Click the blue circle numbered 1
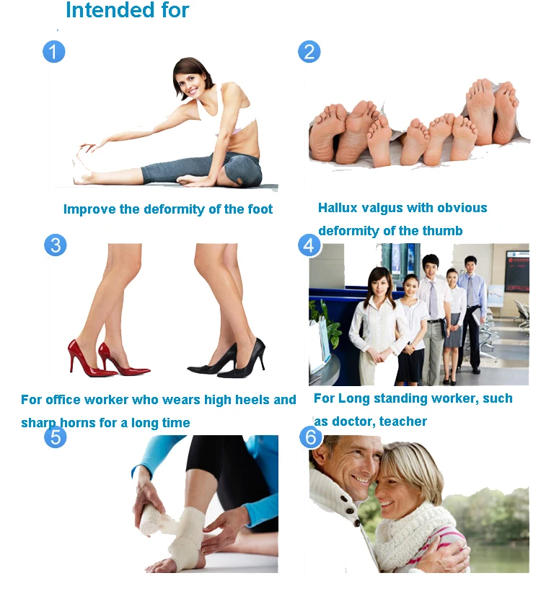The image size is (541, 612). click(x=54, y=51)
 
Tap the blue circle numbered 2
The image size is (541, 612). click(x=309, y=52)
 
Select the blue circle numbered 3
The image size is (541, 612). click(x=56, y=245)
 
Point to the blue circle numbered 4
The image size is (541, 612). click(x=309, y=245)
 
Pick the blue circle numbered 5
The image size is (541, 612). click(x=56, y=437)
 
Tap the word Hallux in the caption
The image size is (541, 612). click(x=340, y=208)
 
